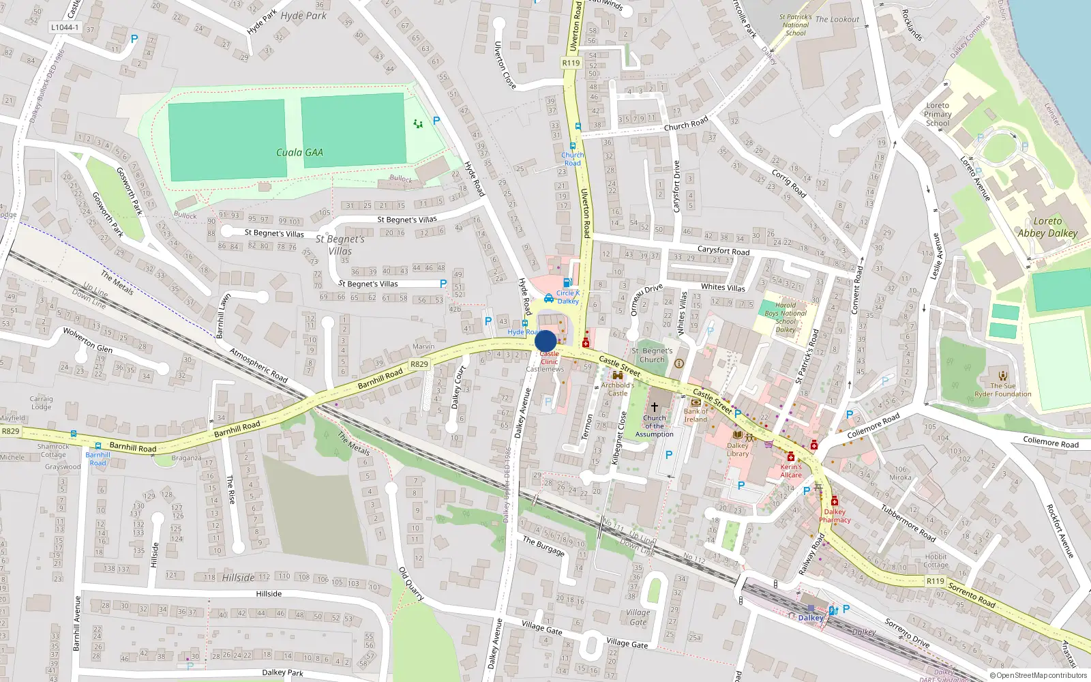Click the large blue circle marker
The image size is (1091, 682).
[x=545, y=341]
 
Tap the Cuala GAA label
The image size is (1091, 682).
[x=299, y=152]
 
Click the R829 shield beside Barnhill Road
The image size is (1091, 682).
[x=419, y=364]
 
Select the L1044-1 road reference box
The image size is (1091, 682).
[x=65, y=28]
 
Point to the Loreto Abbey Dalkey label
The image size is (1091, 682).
[x=1047, y=227]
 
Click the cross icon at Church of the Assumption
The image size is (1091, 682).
[x=654, y=406]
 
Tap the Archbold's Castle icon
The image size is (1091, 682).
[x=618, y=376]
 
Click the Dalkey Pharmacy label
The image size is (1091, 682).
[x=835, y=516]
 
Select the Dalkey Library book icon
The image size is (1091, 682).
[x=737, y=434]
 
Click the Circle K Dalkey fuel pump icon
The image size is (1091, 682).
[x=567, y=282]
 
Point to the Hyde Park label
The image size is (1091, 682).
[x=303, y=15]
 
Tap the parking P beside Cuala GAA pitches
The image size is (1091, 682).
[x=436, y=121]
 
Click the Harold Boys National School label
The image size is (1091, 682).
[x=786, y=317]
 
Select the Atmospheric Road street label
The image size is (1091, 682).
[x=258, y=365]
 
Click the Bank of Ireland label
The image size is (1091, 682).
[x=696, y=415]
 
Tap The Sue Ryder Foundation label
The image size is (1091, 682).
[x=1002, y=389]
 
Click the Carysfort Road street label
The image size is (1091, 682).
[x=723, y=250]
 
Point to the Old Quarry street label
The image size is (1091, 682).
[x=411, y=584]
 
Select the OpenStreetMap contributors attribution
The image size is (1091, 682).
[x=1038, y=675]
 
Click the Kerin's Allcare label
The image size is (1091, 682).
[x=791, y=471]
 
